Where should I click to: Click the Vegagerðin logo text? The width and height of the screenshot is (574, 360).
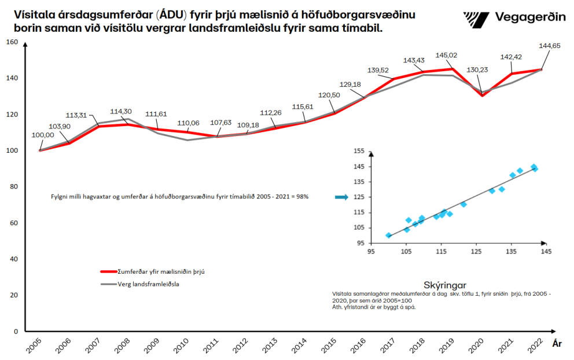[530, 17]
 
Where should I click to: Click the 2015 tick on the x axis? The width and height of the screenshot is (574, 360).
[328, 346]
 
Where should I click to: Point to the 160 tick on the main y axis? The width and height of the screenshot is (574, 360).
[13, 42]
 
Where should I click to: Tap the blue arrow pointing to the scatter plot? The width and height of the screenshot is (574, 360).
[341, 197]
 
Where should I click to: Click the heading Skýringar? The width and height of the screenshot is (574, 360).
[445, 285]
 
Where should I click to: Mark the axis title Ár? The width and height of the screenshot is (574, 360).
[557, 343]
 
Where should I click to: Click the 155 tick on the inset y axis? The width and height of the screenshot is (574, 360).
[359, 152]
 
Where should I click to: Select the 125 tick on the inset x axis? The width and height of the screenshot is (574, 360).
[476, 251]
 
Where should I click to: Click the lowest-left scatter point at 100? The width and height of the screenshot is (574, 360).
[388, 236]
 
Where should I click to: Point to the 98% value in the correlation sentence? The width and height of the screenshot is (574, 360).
[303, 197]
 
